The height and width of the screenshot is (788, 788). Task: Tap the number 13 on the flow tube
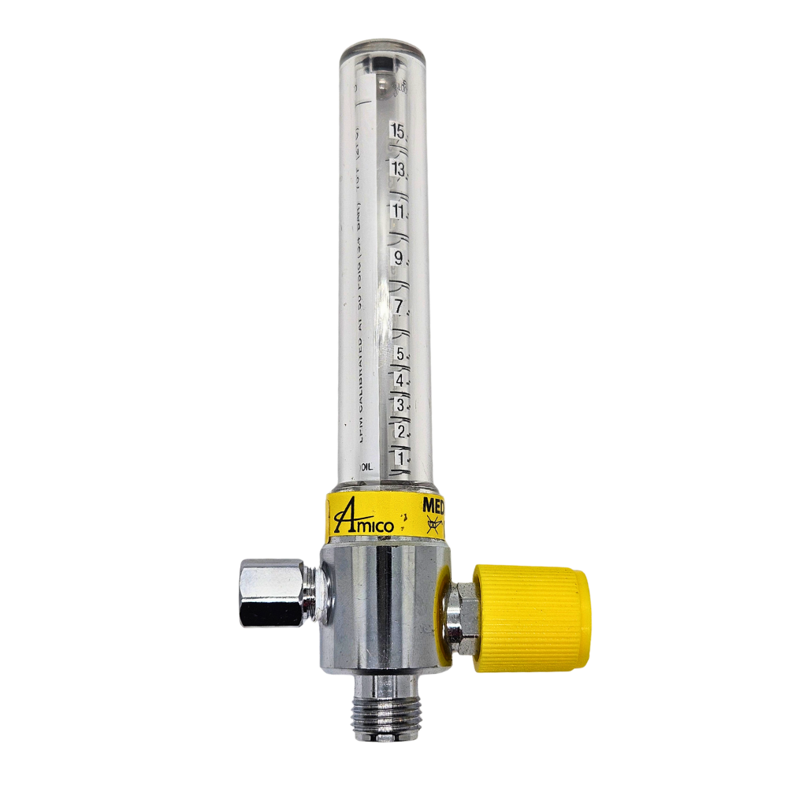(x=400, y=169)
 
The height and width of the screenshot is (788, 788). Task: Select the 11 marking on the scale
(x=400, y=212)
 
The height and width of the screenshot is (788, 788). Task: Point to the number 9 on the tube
(x=400, y=258)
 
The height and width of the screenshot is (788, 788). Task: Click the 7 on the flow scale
(x=400, y=306)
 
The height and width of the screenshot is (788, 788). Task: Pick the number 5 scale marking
(x=401, y=354)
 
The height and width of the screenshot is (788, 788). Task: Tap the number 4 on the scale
(x=401, y=380)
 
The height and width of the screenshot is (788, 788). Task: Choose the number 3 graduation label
(x=401, y=405)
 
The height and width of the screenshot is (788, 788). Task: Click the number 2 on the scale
(x=401, y=431)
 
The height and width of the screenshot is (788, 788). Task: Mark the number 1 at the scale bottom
(x=401, y=457)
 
